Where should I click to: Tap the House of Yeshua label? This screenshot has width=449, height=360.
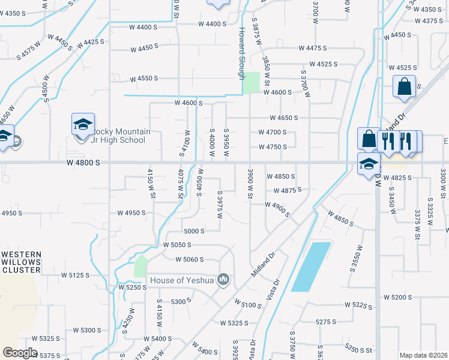(182, 280)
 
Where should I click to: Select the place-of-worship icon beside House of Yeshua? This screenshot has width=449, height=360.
(223, 279)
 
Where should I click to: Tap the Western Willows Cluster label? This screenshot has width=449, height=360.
(21, 262)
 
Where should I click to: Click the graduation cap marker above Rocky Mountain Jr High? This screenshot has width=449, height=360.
(83, 124)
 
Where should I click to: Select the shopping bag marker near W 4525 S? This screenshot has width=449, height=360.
(404, 86)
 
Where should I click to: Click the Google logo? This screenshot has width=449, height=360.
(20, 352)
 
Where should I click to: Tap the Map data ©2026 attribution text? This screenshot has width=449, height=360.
(423, 355)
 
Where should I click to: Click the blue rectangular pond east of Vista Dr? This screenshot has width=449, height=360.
(311, 266)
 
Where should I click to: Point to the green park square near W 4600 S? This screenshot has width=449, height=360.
(251, 83)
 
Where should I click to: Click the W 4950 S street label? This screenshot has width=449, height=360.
(132, 213)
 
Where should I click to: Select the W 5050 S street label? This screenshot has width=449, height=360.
(177, 245)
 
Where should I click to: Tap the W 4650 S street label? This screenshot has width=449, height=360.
(284, 118)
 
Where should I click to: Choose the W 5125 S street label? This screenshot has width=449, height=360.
(75, 275)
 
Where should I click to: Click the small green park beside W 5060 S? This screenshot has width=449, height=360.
(140, 266)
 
